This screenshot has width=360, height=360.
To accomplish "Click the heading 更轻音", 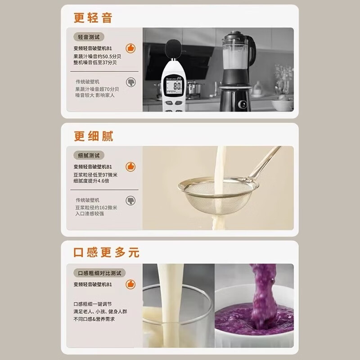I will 93,18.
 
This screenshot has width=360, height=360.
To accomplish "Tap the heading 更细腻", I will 94,136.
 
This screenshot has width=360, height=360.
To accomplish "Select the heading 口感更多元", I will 107,252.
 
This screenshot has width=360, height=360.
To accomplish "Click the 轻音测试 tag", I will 88,37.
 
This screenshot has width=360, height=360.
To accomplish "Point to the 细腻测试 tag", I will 88,155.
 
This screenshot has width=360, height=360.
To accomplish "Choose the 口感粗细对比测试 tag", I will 99,273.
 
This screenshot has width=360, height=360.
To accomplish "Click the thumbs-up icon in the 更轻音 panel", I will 130,48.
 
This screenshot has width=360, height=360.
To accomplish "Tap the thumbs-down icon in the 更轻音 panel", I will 130,82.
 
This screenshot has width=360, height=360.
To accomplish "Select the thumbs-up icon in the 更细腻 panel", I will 130,166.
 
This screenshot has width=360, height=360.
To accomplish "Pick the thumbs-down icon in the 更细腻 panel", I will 130,201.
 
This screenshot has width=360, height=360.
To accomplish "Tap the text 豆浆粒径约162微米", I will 96,207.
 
